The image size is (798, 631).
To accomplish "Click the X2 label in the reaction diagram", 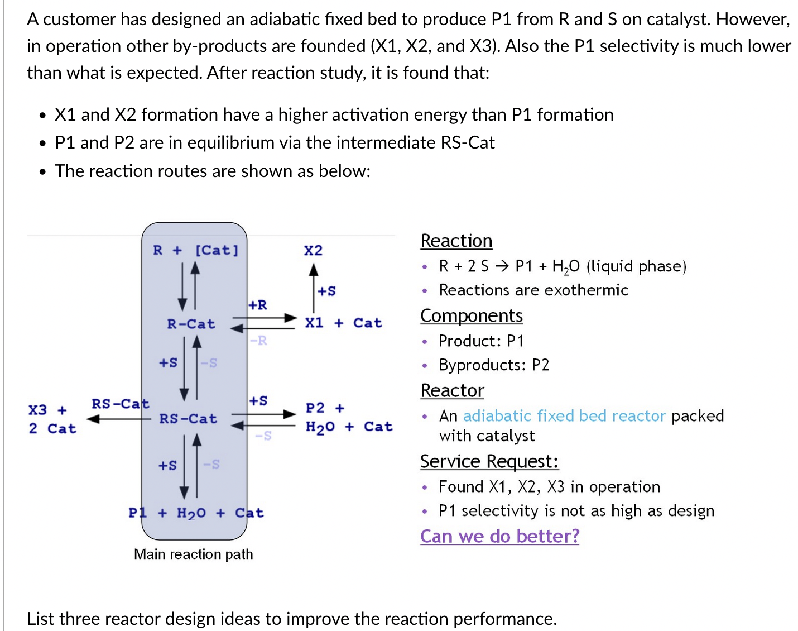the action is coord(313,251).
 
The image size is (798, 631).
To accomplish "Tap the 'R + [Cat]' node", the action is coord(196,250).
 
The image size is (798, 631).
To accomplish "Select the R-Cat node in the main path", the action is coord(191,324).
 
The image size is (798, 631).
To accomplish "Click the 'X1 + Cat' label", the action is coord(343,323).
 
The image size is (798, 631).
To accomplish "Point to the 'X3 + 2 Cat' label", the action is coord(52,419).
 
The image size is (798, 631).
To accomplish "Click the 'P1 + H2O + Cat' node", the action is coord(196,513).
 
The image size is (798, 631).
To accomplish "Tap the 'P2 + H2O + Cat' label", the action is coord(349,418).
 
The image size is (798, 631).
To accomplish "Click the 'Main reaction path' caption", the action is coord(194,554).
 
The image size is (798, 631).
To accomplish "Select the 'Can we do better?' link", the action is coord(500,536).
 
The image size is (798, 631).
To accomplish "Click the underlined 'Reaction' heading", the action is coord(456,241).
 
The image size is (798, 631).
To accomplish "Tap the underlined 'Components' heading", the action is coord(472,316).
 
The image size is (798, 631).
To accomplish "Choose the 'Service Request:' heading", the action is coord(489,461).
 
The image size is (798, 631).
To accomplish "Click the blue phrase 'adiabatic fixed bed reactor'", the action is coord(564,415).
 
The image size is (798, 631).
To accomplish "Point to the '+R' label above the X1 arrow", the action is coord(258,305).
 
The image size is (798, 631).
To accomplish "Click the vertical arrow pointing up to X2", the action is coord(314,288).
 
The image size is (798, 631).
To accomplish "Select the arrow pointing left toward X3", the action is coord(119,419).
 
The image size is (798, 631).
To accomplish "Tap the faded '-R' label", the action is coord(258,341).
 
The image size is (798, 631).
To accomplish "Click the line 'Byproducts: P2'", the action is coord(494,365).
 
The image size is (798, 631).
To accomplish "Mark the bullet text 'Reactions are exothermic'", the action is coord(533,290).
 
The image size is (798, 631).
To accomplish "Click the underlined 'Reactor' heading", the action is coord(453,390).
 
